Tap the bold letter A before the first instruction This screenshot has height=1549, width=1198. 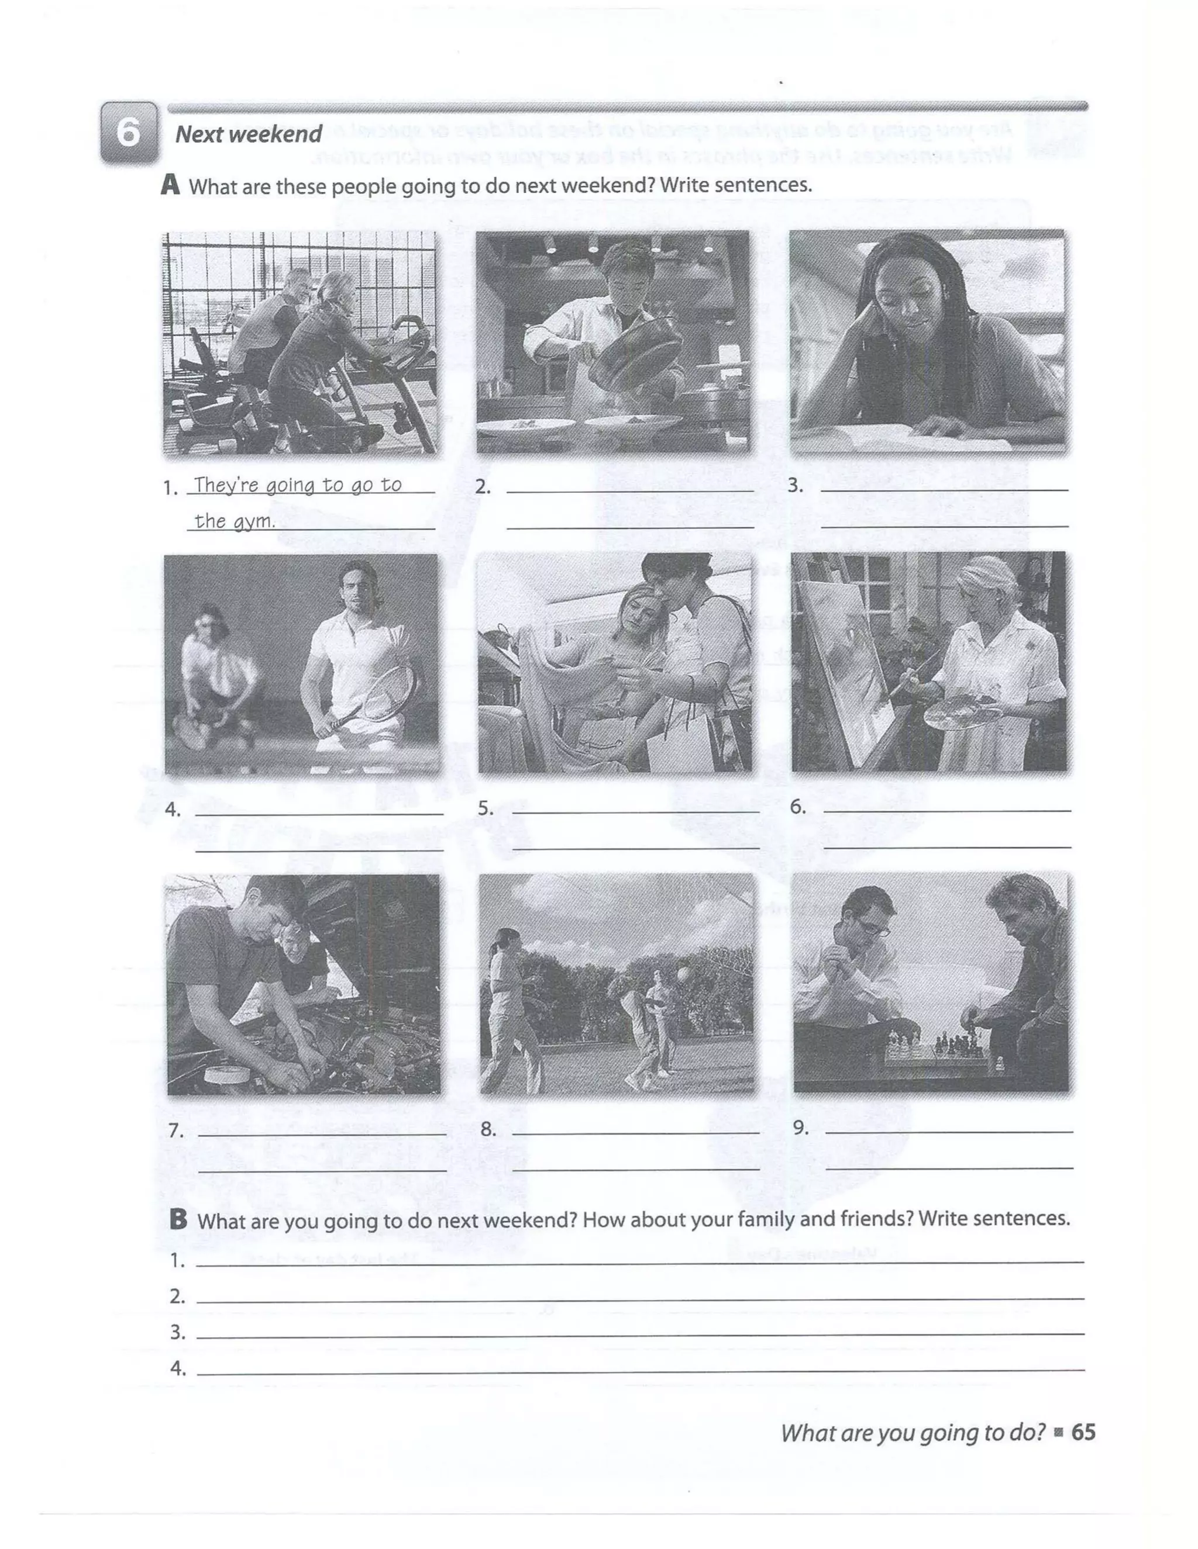170,185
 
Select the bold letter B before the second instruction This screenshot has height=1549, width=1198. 178,1219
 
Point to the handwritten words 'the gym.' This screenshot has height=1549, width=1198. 234,521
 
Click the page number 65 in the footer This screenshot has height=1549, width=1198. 1083,1432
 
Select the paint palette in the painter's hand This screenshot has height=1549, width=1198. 962,715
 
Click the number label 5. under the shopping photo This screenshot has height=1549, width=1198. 486,808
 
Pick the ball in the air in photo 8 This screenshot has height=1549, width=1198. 683,975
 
